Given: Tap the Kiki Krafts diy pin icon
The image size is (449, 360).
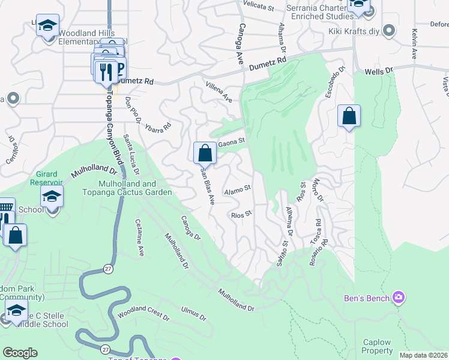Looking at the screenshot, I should (x=390, y=31).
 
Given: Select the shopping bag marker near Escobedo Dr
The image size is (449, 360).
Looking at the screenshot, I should (x=349, y=116).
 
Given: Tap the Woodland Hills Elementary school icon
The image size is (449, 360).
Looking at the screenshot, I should (x=47, y=26).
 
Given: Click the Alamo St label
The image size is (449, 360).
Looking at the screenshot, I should (x=237, y=191).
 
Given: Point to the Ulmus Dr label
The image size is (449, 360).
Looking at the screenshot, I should (x=193, y=313).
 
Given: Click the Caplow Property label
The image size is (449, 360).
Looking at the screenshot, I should (x=378, y=346).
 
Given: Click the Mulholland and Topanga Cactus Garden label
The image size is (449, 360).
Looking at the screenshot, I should (x=136, y=188).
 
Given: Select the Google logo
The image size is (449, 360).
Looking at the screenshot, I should (x=20, y=353).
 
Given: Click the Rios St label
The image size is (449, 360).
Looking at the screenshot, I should (x=241, y=214).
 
